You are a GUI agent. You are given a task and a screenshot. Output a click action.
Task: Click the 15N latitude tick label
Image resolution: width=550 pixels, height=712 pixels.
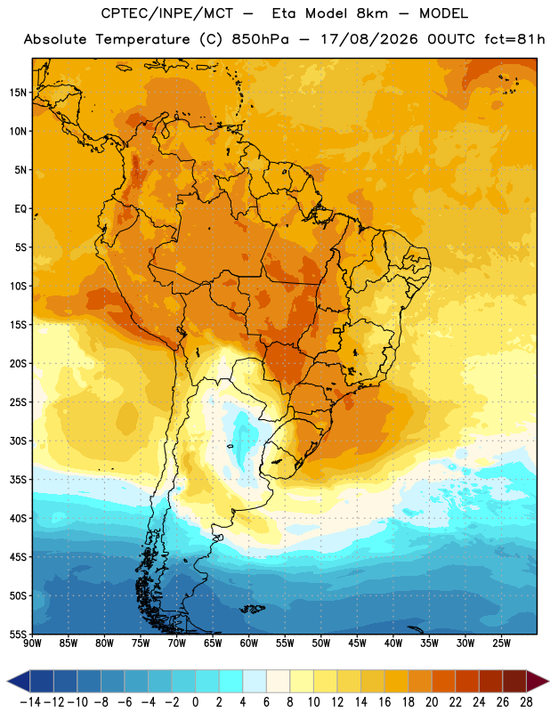click(x=18, y=93)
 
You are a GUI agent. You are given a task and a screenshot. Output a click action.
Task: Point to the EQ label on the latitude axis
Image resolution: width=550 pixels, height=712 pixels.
click(x=20, y=209)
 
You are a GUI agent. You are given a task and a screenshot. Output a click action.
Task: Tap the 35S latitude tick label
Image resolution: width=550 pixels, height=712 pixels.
click(x=18, y=480)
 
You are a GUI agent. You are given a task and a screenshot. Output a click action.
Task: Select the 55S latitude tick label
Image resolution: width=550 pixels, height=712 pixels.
click(x=18, y=635)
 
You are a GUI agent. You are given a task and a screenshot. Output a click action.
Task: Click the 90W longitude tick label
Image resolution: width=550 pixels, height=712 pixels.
click(x=32, y=643)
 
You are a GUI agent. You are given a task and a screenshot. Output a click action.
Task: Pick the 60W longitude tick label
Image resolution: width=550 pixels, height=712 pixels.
click(x=249, y=643)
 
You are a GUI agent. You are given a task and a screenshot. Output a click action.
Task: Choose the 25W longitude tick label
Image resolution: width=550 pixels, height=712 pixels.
click(x=501, y=643)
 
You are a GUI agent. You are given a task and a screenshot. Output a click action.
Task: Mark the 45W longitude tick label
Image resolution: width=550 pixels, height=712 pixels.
click(x=358, y=643)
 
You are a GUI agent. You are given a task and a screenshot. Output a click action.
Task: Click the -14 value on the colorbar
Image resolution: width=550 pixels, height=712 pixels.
click(x=30, y=702)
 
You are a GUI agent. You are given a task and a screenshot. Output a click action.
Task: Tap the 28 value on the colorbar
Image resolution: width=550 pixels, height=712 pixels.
click(x=526, y=702)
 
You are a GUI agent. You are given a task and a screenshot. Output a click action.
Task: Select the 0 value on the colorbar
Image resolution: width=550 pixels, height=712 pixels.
click(x=195, y=702)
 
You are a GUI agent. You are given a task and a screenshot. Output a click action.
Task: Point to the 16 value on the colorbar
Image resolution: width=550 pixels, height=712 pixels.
click(x=384, y=702)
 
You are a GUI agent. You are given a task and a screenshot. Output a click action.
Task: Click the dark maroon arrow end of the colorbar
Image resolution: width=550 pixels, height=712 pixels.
click(x=537, y=681)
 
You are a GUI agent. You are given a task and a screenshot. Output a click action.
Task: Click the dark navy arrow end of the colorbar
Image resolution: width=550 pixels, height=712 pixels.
click(x=19, y=681)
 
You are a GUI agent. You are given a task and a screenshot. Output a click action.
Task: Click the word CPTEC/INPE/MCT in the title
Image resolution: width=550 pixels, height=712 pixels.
click(x=166, y=13)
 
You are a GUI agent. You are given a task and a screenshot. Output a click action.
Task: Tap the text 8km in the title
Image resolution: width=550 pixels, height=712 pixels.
click(x=372, y=13)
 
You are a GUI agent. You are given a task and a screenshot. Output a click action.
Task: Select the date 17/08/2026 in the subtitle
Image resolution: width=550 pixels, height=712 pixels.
click(x=368, y=39)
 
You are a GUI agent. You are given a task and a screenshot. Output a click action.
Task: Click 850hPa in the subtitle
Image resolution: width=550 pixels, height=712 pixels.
click(x=260, y=39)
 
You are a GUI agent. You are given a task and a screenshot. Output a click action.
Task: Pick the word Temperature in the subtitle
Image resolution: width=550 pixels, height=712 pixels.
click(x=142, y=40)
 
